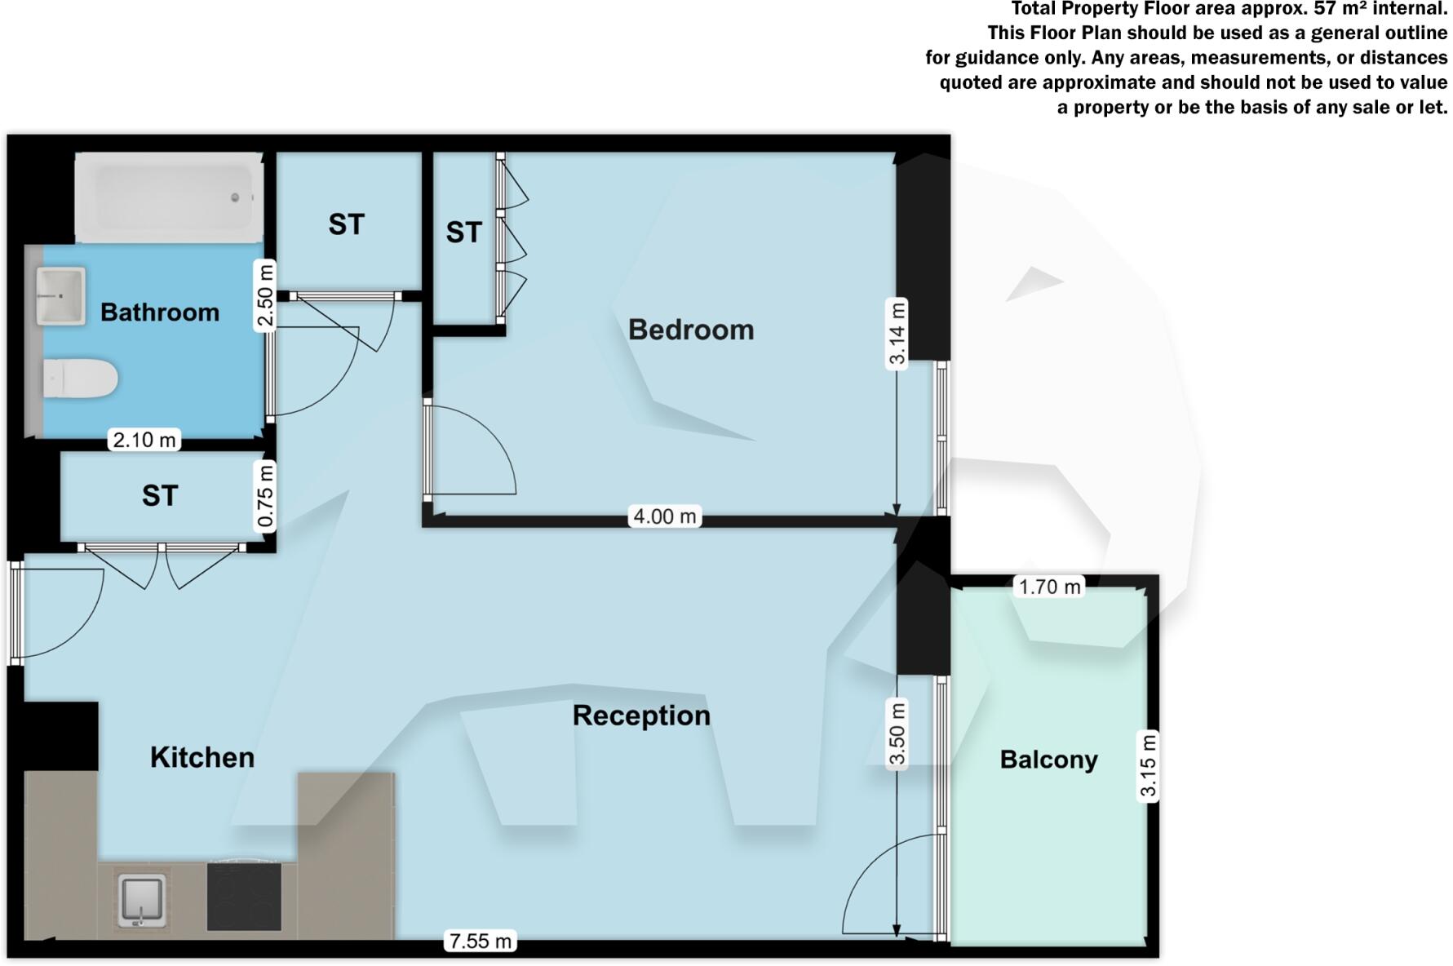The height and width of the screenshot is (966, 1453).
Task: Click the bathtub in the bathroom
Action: (x=170, y=197)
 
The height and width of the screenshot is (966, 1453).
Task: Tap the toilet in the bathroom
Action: (x=80, y=379)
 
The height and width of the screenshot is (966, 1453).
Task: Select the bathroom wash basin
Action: (x=60, y=295)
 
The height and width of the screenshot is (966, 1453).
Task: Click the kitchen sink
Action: (x=143, y=900)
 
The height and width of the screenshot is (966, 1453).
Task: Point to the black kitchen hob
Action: (x=244, y=896)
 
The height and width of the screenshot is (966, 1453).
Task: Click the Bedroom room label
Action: (x=691, y=330)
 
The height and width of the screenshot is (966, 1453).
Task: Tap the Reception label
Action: (x=641, y=716)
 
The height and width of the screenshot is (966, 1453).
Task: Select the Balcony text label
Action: (x=1048, y=760)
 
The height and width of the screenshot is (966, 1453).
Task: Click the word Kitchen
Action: (x=202, y=757)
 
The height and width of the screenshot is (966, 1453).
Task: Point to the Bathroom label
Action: (x=160, y=312)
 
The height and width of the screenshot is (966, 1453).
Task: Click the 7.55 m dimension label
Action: (x=481, y=942)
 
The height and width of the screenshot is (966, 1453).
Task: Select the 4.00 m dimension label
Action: (x=665, y=516)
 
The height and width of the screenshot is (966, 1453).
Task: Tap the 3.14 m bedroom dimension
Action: (x=897, y=335)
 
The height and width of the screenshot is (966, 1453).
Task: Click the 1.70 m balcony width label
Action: (x=1049, y=587)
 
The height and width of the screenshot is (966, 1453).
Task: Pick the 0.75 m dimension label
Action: (x=264, y=496)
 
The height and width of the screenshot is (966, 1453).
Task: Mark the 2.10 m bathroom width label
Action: (x=144, y=441)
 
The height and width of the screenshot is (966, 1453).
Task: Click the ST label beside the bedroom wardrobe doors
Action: (x=463, y=233)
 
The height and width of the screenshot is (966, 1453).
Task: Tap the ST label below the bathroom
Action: (x=160, y=496)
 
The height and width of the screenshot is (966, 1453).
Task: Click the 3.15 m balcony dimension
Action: (x=1148, y=766)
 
